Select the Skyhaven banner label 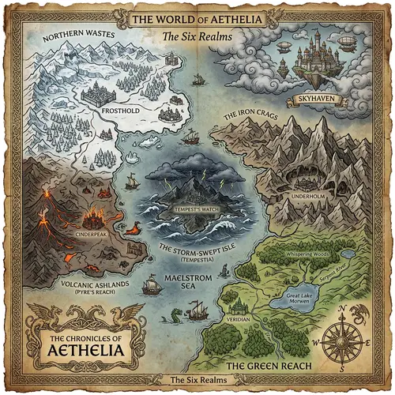(325, 97)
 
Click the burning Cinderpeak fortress (95, 215)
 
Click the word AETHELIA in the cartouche (85, 350)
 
